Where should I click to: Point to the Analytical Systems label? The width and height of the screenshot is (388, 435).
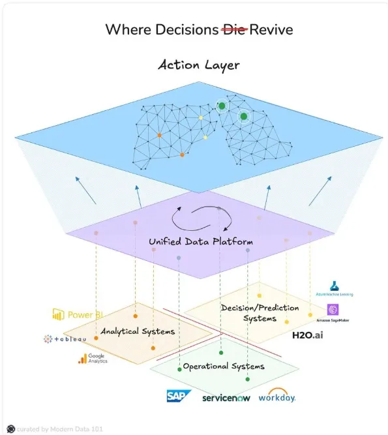coord(138,331)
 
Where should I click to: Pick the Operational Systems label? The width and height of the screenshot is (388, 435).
coord(224,366)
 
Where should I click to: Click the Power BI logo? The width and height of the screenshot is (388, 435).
coord(78,314)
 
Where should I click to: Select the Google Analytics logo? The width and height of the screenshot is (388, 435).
coord(92,358)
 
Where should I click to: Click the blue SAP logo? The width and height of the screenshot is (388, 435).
coord(177,395)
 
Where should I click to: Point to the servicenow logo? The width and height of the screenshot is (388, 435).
coord(224,397)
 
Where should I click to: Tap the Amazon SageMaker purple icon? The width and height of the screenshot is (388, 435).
coord(333,309)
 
